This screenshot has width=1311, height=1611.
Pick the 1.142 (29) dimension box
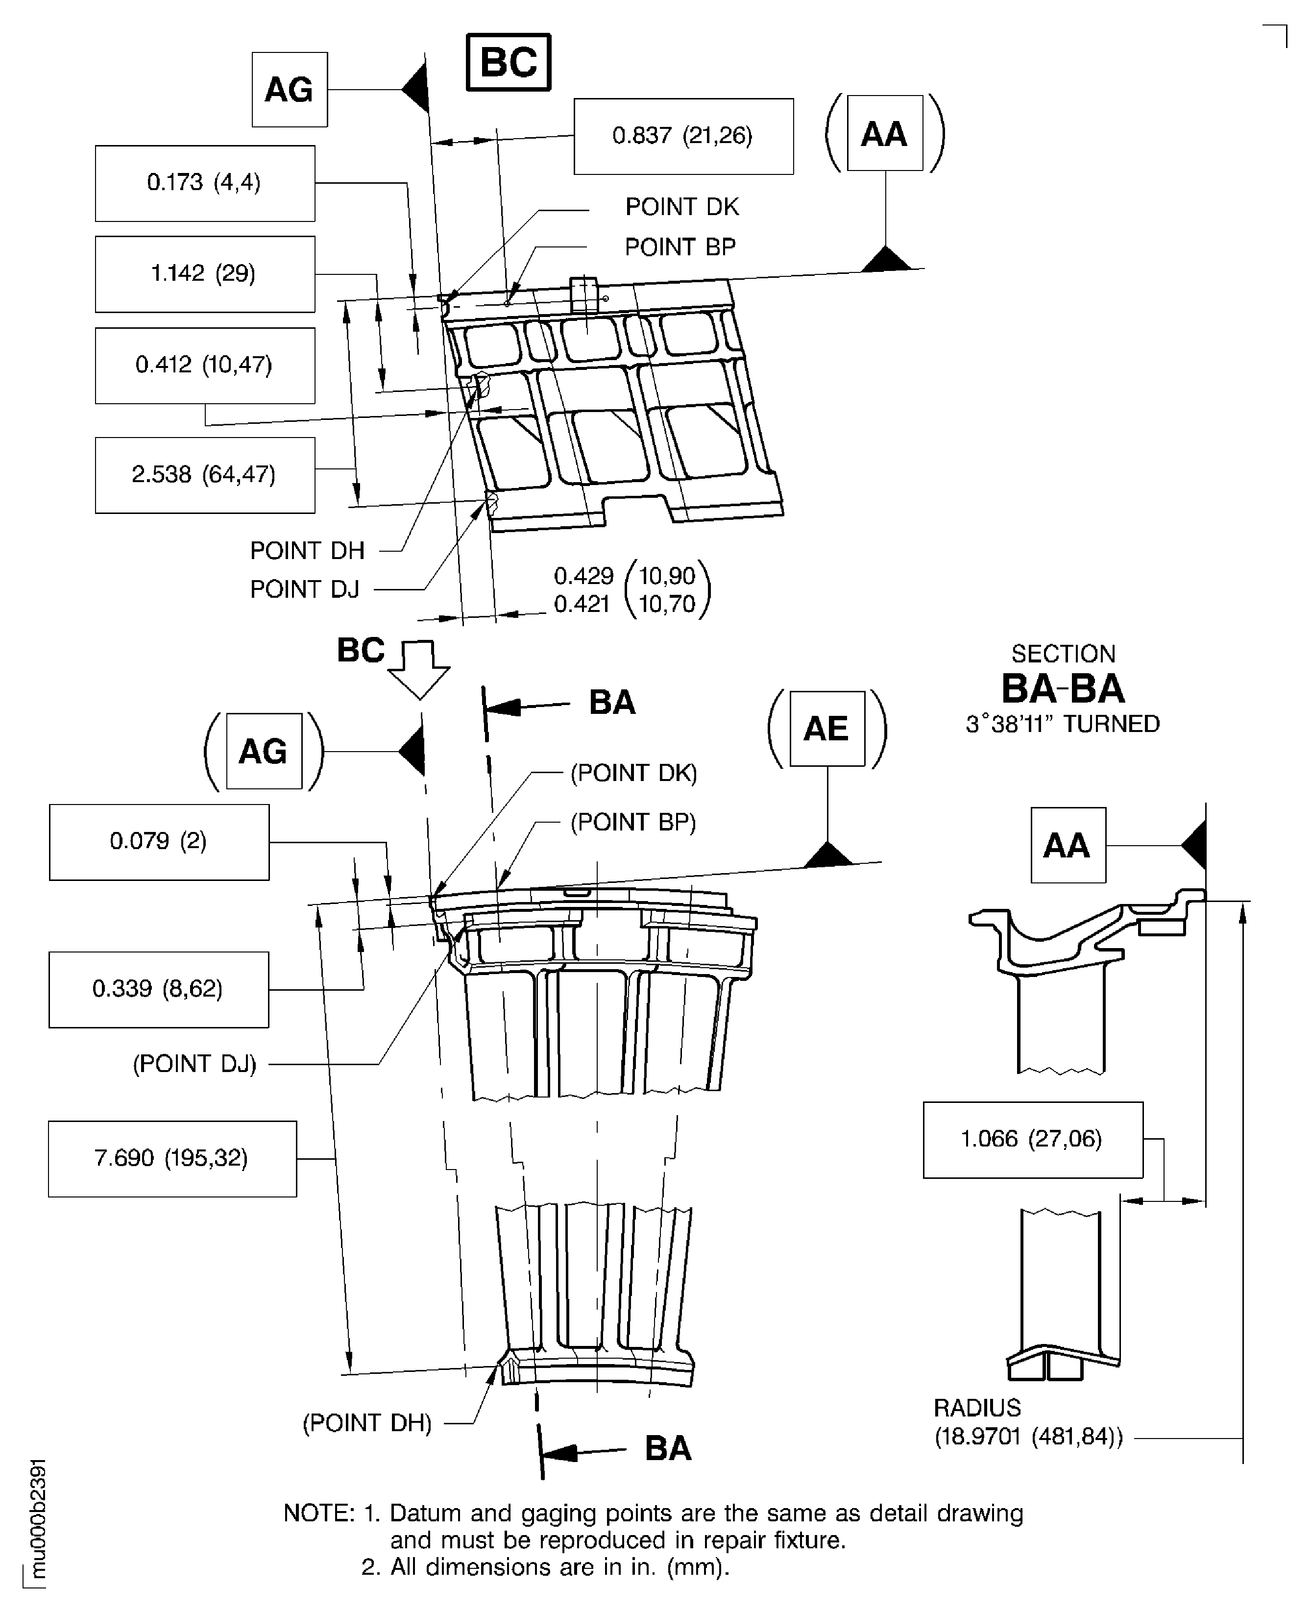click(205, 273)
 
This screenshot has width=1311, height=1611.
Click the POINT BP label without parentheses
click(680, 247)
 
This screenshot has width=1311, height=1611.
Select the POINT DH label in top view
click(307, 551)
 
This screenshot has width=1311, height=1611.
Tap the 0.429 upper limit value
click(583, 576)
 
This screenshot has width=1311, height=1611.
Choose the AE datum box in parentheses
click(827, 729)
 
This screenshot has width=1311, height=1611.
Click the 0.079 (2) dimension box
click(159, 841)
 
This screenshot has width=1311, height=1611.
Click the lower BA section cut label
click(668, 1449)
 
